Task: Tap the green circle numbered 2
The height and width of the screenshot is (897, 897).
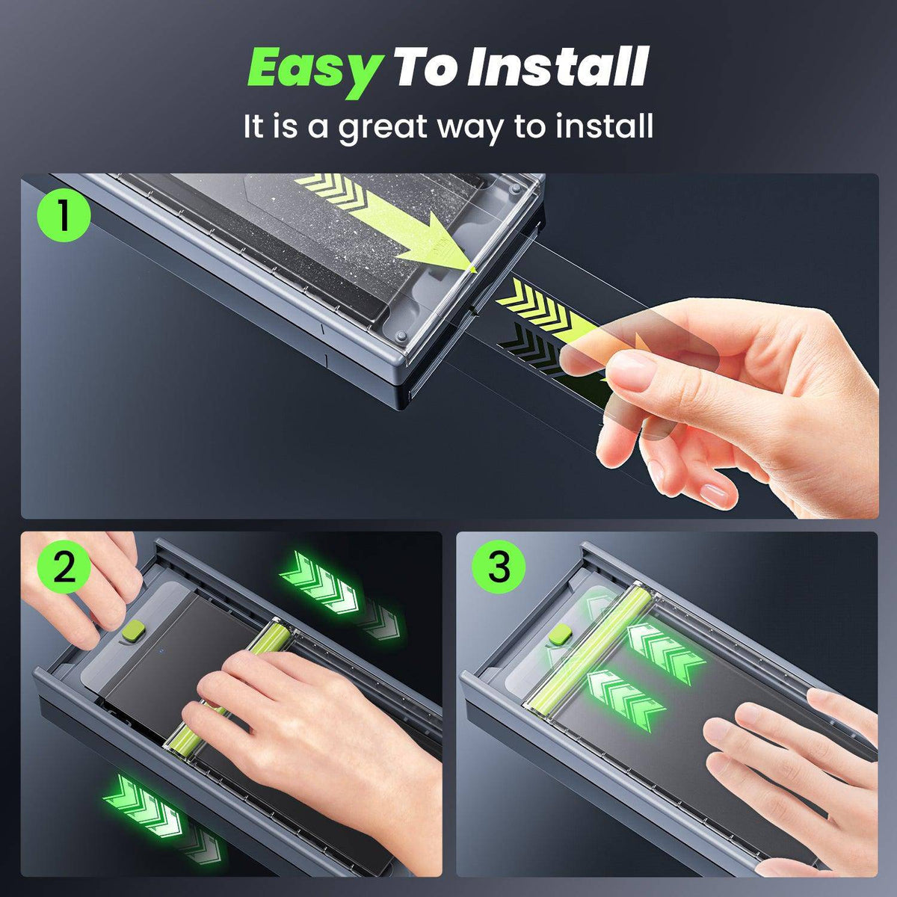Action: click(x=64, y=567)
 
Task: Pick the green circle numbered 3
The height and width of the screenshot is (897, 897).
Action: click(x=499, y=566)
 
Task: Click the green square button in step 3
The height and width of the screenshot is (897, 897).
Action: click(x=560, y=635)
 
